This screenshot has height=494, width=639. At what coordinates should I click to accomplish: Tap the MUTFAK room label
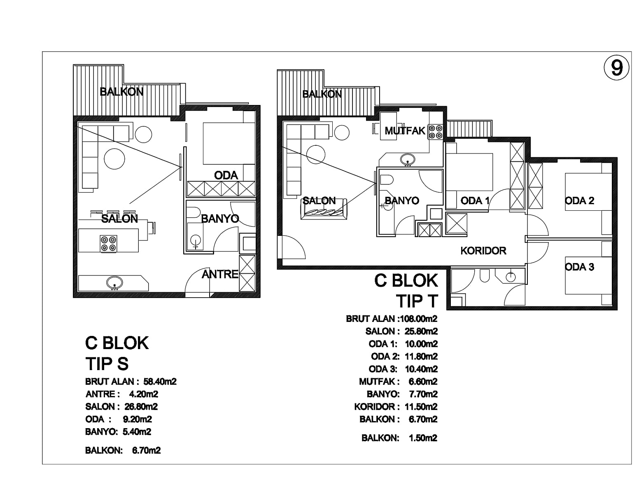point(405,131)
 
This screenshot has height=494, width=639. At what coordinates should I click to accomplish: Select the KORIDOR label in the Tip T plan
point(483,251)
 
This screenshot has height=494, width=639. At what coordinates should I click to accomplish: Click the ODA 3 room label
point(579,267)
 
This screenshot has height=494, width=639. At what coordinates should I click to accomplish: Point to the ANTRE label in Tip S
point(220,274)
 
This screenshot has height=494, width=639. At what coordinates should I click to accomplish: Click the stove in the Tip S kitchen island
point(109,243)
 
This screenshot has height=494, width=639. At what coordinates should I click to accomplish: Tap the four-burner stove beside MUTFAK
point(436,132)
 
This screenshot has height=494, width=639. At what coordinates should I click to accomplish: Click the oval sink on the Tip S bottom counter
point(115,283)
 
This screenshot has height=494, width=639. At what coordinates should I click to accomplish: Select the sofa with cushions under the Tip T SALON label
point(324,209)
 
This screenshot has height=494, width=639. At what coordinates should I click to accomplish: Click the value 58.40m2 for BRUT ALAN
point(160,382)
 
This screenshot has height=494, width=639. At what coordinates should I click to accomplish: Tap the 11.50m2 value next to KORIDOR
point(421,407)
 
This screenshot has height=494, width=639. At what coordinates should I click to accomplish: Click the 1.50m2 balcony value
point(423,438)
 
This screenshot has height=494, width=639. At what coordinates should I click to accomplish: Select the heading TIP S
point(107,364)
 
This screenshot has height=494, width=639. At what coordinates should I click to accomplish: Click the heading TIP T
point(417,301)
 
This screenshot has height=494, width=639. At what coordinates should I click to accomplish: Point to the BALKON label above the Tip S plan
point(121,92)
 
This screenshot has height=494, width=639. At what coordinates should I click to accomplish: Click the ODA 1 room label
point(475,201)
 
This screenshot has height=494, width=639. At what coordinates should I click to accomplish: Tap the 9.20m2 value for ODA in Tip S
point(138,419)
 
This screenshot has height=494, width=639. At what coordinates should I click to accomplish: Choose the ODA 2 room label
point(579,201)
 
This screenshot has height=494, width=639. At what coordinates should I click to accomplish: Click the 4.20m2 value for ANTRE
point(144,394)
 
